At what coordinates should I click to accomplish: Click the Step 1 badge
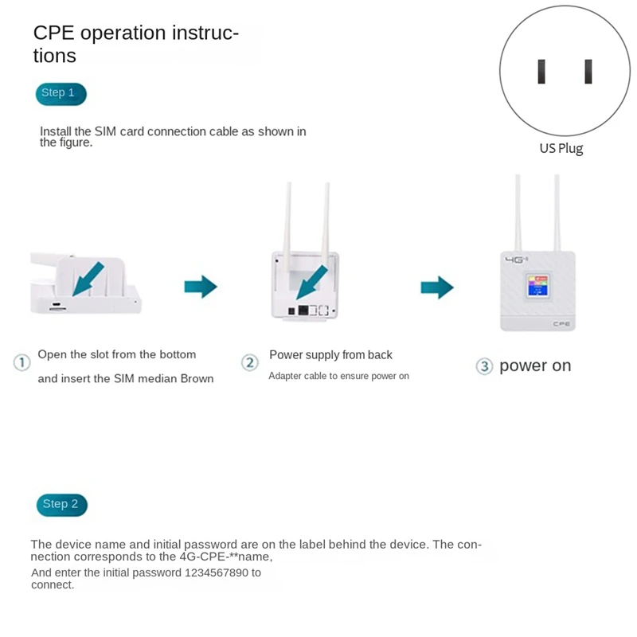click(61, 94)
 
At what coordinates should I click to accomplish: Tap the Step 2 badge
click(62, 505)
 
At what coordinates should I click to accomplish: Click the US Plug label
click(561, 148)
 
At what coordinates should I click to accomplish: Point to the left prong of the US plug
click(541, 72)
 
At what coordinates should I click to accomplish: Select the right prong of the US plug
click(588, 72)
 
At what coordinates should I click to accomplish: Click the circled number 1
click(22, 362)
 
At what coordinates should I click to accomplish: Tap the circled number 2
click(250, 362)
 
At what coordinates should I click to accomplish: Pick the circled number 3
click(484, 366)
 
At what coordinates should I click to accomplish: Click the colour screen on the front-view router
click(538, 286)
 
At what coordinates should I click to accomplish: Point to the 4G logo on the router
click(516, 260)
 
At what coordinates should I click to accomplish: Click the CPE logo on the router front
click(561, 324)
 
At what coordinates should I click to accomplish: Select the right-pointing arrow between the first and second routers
click(201, 287)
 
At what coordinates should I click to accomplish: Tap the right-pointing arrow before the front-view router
click(437, 287)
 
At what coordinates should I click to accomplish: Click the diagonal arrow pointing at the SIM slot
click(88, 279)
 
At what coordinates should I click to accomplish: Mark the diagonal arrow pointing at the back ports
click(311, 283)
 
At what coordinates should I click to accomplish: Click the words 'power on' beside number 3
click(535, 365)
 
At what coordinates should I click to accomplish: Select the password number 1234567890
click(217, 573)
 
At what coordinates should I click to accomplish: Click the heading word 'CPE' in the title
click(53, 33)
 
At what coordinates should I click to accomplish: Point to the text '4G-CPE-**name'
click(225, 557)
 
